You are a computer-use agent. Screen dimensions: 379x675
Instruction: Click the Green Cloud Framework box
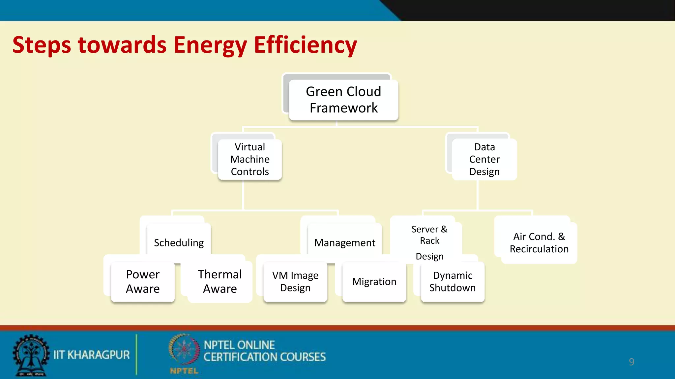[343, 100]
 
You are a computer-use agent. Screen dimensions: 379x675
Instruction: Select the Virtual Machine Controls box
[250, 159]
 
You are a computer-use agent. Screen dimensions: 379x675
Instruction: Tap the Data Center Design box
[484, 159]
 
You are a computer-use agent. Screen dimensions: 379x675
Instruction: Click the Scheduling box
[179, 242]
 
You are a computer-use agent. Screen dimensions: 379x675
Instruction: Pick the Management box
[344, 242]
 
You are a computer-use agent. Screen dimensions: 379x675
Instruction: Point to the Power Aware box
[143, 282]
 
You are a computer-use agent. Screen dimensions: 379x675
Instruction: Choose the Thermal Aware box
[220, 282]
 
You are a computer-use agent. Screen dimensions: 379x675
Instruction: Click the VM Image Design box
[295, 282]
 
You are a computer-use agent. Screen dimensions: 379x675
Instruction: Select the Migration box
[374, 282]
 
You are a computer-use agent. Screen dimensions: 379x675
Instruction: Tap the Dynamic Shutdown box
[453, 282]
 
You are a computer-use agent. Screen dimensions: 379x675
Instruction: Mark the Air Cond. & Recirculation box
[539, 243]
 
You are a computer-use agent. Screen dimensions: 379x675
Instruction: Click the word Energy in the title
[210, 45]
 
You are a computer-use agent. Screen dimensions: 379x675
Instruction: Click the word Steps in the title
[42, 45]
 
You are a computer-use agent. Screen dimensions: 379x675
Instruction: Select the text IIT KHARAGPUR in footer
[92, 355]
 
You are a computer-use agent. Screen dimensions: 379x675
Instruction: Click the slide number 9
[631, 362]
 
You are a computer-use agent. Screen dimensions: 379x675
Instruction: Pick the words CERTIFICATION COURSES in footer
[264, 357]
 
